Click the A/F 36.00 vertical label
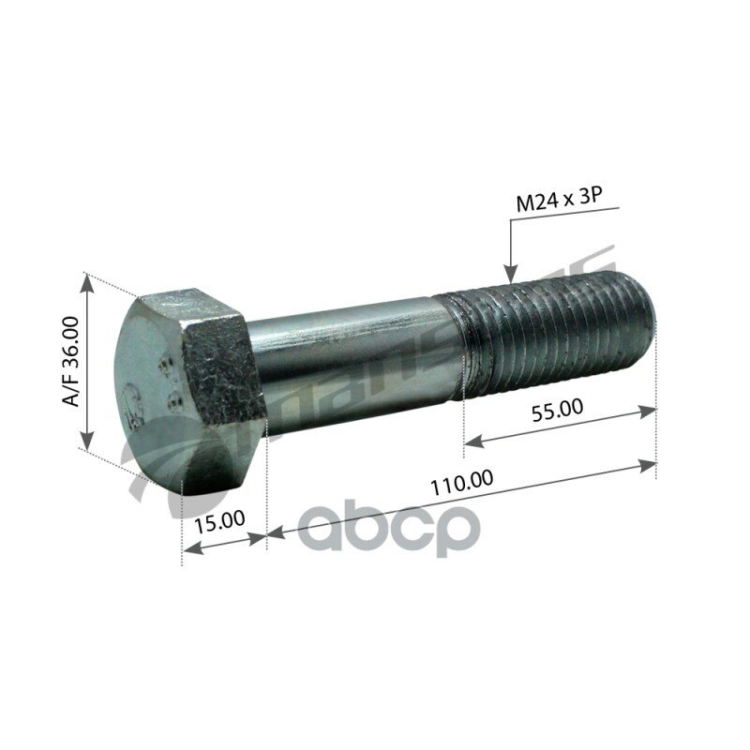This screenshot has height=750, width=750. tap(70, 361)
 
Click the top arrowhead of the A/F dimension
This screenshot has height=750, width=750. tap(87, 281)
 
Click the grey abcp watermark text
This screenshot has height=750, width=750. tap(389, 530)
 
